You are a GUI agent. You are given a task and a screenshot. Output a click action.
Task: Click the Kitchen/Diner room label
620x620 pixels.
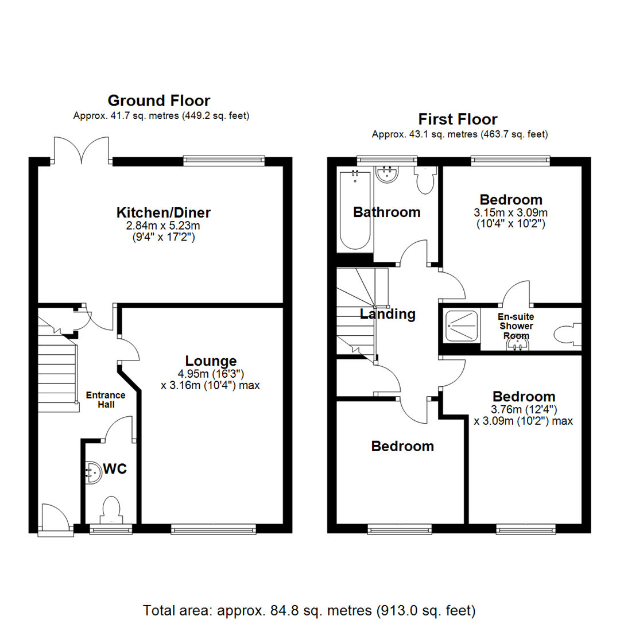tap(163, 213)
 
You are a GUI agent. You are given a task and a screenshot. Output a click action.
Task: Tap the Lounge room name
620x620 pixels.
tap(211, 361)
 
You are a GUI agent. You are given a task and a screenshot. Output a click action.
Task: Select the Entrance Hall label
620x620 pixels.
tap(106, 400)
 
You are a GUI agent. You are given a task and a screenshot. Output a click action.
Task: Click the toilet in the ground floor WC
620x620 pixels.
tap(111, 510)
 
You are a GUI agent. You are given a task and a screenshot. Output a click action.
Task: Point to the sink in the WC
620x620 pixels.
tap(94, 472)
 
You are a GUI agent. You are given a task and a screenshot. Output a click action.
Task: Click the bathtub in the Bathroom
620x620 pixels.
tap(355, 210)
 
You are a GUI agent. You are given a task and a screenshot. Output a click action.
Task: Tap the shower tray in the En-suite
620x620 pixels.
tap(462, 325)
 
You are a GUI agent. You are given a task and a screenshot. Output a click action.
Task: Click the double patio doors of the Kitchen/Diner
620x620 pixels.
tap(82, 150)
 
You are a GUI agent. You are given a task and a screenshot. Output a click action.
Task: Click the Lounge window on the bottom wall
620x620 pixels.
tap(214, 529)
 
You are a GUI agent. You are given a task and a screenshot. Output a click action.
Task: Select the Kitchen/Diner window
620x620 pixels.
tap(224, 160)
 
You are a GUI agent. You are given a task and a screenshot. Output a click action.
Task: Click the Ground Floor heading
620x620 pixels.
tap(159, 101)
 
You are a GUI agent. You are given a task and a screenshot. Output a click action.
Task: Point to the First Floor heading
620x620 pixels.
tap(458, 119)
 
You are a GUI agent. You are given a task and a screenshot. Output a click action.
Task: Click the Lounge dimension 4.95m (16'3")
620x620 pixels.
tap(211, 374)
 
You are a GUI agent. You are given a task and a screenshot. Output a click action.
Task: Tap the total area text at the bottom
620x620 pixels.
tap(309, 610)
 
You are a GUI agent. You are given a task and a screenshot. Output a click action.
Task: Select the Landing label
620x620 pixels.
tap(387, 314)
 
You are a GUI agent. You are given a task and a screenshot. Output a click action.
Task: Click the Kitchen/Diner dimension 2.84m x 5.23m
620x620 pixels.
tap(163, 226)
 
